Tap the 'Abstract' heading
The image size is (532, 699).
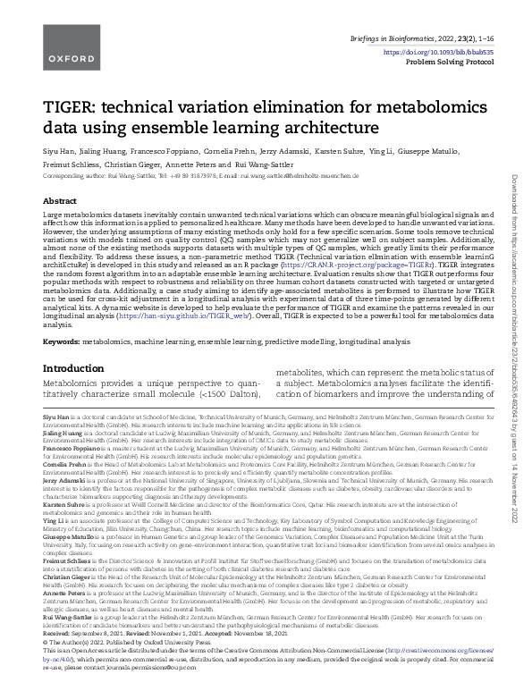pos(60,201)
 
